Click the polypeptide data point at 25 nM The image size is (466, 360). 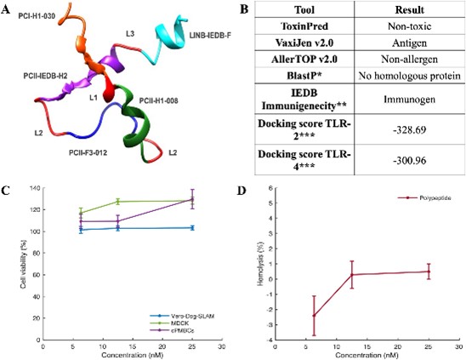click(428, 271)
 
